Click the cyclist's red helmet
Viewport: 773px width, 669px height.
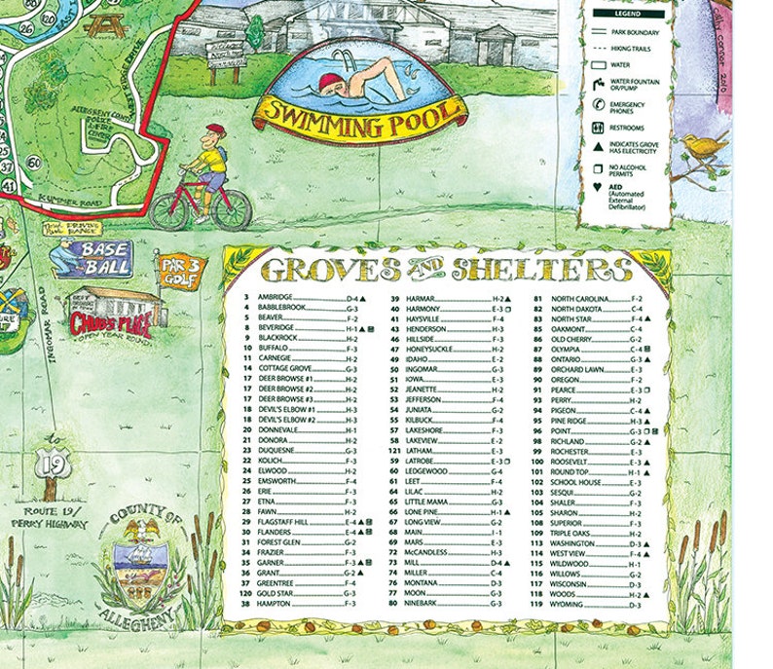point(216,130)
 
